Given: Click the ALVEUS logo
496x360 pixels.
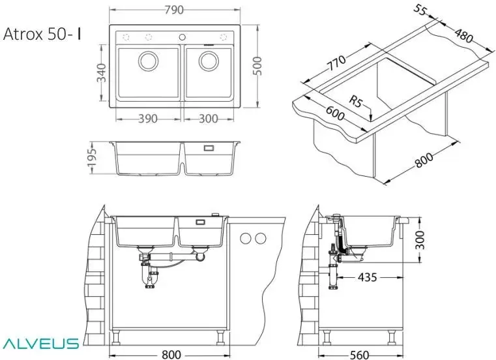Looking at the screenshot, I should click(40, 343).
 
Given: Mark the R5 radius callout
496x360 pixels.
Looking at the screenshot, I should click(356, 102).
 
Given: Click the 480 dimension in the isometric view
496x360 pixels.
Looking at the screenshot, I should click(464, 37).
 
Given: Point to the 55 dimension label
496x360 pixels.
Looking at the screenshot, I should click(421, 11).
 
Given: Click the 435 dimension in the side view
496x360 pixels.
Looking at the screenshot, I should click(367, 277).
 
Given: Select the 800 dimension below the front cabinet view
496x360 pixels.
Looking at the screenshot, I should click(171, 354).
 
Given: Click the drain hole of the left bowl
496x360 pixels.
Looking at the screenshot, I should click(148, 62).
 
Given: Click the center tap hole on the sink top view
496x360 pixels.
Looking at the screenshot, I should click(182, 36).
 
